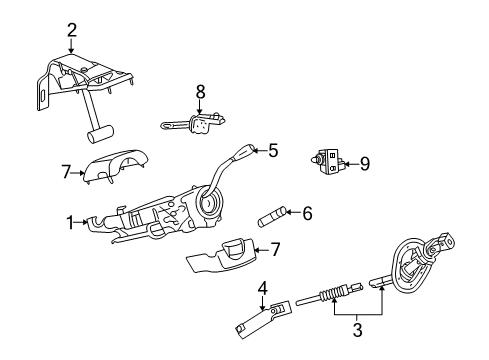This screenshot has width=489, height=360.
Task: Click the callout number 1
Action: click(68, 222)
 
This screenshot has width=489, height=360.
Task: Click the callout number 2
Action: click(72, 29)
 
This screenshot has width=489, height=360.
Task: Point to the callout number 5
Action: click(271, 151)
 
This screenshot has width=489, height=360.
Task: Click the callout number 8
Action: click(200, 91)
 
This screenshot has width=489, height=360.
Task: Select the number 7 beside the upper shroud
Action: click(67, 173)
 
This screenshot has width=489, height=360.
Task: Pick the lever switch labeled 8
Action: click(192, 125)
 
